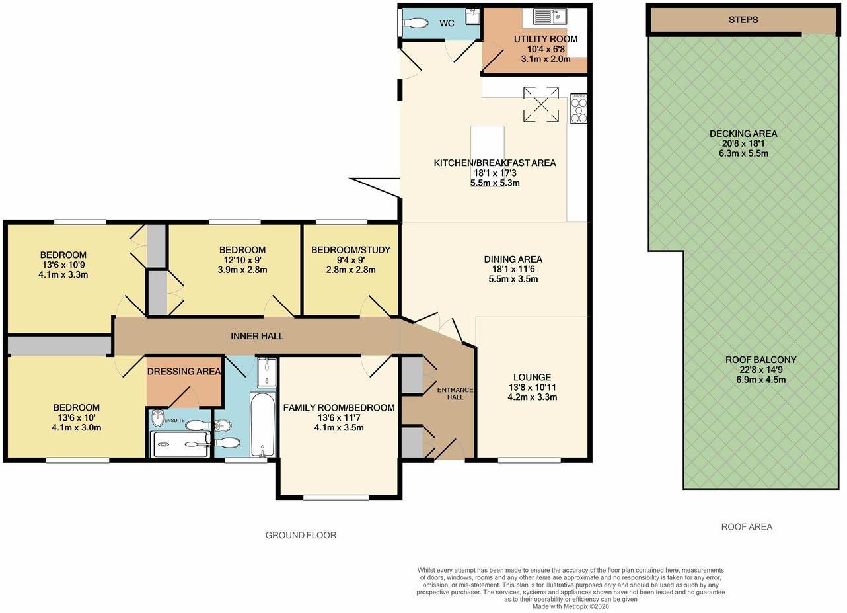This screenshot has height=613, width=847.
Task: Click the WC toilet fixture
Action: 415,24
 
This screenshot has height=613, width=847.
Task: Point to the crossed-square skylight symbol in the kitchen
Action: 540,104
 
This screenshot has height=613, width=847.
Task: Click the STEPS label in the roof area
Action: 743,20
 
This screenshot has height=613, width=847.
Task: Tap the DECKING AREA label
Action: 743,134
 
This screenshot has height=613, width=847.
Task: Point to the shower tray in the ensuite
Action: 180,445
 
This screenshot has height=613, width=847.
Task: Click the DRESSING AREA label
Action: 184,372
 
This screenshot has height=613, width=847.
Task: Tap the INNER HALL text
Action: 257,336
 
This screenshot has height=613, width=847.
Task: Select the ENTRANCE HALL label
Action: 456,393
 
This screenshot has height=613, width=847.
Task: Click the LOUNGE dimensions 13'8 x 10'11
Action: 531,388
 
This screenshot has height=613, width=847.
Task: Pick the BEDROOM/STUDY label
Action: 351,250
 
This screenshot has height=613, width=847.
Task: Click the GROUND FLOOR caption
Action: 301,535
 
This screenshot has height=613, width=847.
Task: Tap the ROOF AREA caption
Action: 747,527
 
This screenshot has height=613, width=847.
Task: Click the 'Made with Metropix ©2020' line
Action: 570,606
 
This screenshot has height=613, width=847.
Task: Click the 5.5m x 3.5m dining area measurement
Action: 513,279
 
